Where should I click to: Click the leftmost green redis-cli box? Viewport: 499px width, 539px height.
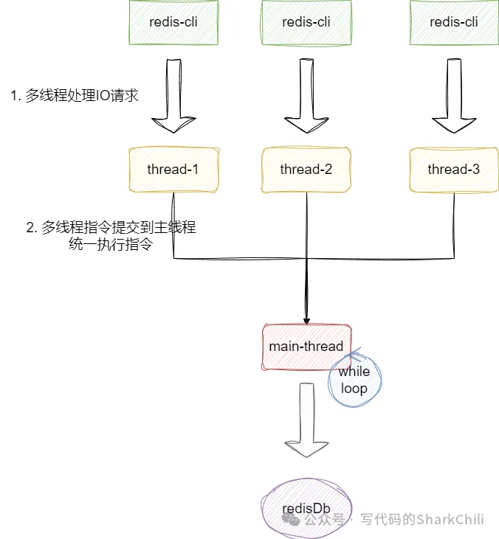[x=173, y=22]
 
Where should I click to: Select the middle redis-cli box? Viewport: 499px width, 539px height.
[x=306, y=22]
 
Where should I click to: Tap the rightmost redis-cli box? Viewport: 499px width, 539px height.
[x=453, y=22]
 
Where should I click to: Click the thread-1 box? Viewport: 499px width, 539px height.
[x=173, y=170]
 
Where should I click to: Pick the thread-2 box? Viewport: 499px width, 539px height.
[x=306, y=170]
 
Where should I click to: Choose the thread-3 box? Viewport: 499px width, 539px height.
[x=453, y=170]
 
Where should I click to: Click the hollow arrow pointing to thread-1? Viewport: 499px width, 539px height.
[x=174, y=96]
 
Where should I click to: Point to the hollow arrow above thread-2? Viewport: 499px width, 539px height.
[x=306, y=96]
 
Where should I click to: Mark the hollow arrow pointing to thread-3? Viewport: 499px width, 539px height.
[x=452, y=96]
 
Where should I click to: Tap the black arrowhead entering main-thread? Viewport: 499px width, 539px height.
[x=306, y=318]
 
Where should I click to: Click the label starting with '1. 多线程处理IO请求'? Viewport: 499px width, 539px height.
[x=75, y=96]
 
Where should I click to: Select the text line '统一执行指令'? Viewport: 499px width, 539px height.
[x=110, y=246]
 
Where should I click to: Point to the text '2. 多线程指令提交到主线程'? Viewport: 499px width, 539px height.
[x=111, y=229]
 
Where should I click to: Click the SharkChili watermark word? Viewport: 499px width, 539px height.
[x=450, y=519]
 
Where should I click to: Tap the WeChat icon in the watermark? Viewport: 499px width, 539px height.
[x=290, y=519]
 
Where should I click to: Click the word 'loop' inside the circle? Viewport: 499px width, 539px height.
[x=354, y=389]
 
